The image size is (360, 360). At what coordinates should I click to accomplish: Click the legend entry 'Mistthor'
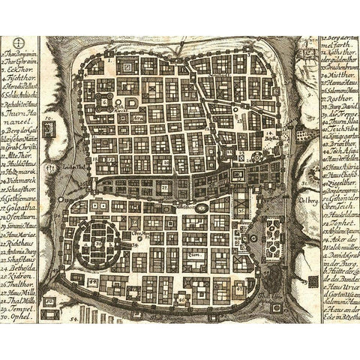pyautogui.click(x=338, y=74)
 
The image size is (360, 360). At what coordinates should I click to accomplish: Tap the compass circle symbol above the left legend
pyautogui.click(x=19, y=43)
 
